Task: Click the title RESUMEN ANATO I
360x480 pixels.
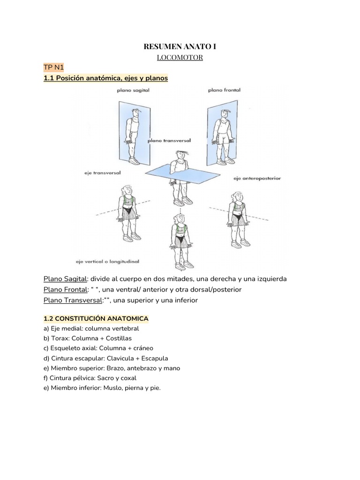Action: point(180,47)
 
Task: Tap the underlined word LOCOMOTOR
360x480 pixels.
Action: point(180,58)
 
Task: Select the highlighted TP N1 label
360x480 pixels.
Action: point(53,68)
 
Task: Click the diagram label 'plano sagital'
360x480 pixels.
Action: point(134,90)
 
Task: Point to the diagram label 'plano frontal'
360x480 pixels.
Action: point(224,90)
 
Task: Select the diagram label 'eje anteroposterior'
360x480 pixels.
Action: point(257,178)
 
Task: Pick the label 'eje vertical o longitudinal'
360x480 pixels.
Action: point(109,261)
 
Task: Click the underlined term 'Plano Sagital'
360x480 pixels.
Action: point(65,279)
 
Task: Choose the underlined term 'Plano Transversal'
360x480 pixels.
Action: point(73,300)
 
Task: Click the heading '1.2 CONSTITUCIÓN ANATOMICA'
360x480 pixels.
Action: point(96,319)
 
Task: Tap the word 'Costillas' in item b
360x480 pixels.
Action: point(119,338)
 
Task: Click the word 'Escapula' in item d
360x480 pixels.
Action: point(152,358)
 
